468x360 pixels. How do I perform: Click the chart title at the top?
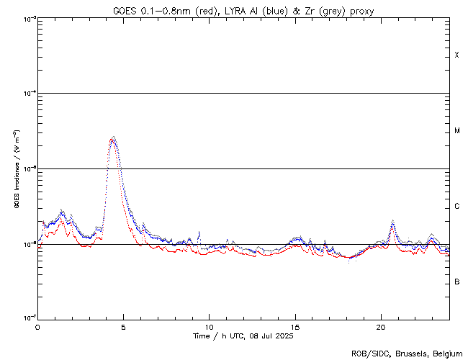point(243,10)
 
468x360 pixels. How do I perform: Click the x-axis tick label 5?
point(123,327)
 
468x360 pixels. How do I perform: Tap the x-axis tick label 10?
point(210,327)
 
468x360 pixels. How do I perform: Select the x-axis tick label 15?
point(295,327)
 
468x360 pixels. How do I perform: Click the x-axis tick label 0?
point(37,327)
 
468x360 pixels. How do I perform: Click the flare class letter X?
point(457,55)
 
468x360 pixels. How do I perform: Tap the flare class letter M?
point(457,131)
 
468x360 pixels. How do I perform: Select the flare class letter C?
point(457,207)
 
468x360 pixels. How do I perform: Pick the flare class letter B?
point(457,282)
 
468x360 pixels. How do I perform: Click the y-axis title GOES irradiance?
point(16,169)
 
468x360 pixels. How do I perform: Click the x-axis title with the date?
point(243,336)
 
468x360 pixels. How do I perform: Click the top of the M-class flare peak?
point(112,138)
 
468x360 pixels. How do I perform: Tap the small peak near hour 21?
point(392,222)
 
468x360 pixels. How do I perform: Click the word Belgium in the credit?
point(447,354)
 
